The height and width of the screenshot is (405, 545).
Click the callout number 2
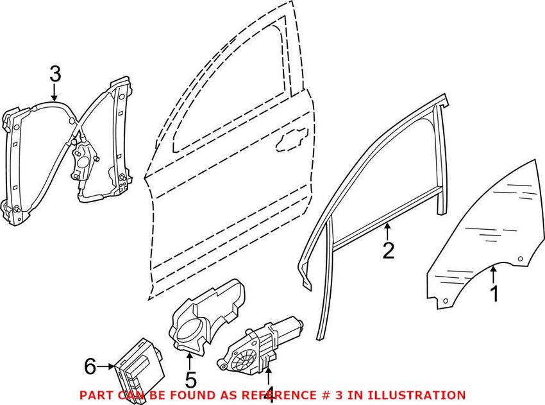pos(389,250)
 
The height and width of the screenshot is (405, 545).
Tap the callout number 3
pos(55,74)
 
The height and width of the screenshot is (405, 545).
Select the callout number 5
pos(190,379)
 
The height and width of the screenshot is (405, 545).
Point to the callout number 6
pos(90,366)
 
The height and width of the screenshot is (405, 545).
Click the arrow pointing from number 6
pos(106,366)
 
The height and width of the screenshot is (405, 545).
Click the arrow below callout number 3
pos(54,92)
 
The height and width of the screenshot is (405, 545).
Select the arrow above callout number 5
pos(189,361)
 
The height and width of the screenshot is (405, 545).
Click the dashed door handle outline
pos(292,140)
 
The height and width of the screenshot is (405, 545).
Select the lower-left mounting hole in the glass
pos(446,301)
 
